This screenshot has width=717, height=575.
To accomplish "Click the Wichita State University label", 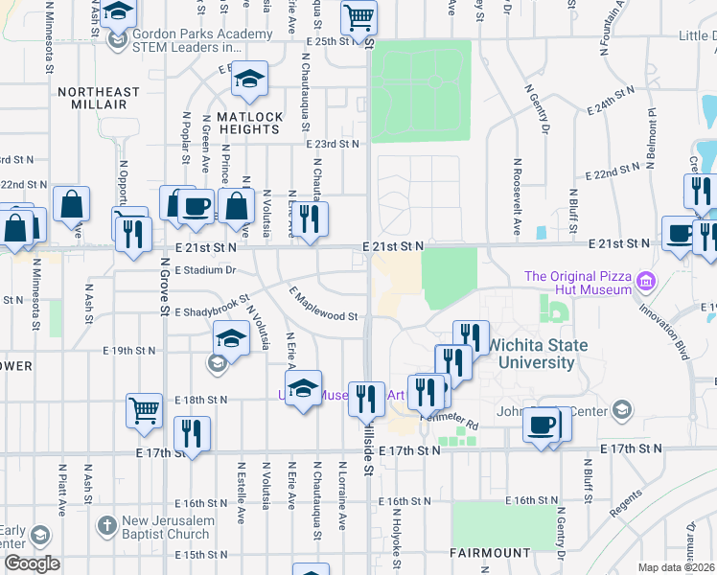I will click(533, 354).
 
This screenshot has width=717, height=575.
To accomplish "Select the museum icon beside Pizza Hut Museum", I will click(646, 282).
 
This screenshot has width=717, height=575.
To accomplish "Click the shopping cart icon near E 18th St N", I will click(144, 410).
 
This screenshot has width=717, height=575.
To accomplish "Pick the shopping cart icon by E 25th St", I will click(358, 16).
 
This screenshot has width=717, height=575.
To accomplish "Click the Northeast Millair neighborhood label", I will click(99, 98).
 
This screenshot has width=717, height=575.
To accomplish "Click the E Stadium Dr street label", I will click(205, 271).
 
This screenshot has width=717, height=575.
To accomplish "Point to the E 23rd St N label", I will click(332, 144).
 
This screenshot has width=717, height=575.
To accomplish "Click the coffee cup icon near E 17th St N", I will click(542, 424).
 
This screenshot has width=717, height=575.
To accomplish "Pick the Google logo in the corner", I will click(32, 563).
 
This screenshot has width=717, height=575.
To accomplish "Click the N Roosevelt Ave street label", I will click(516, 197).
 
